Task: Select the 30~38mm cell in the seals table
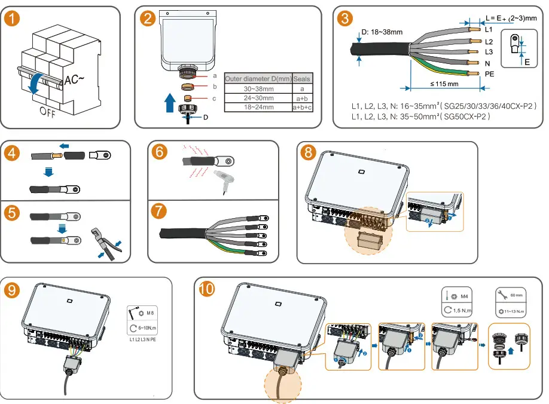pos(258,88)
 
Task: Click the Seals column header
pos(302,79)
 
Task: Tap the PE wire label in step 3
pos(489,75)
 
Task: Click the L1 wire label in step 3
pos(489,29)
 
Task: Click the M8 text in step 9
pos(151,313)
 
